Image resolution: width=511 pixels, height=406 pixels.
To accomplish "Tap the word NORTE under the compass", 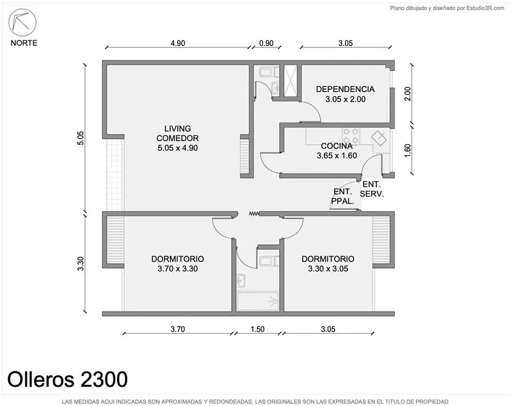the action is click(24, 43).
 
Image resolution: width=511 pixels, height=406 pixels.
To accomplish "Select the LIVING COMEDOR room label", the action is click(178, 138).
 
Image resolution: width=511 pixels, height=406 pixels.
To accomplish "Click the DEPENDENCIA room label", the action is click(345, 94).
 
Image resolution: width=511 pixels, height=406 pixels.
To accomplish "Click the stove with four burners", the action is click(351, 136).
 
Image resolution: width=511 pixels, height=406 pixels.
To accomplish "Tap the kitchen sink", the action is click(379, 139).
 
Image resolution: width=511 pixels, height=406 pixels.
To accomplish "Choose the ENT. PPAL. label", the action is click(342, 197).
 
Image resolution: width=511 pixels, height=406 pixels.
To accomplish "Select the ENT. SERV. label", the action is click(372, 189).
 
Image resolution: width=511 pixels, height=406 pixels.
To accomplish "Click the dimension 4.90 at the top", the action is click(178, 43).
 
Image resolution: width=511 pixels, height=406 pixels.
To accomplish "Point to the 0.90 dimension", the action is click(266, 43).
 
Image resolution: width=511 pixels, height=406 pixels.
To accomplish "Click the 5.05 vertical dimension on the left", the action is click(80, 138).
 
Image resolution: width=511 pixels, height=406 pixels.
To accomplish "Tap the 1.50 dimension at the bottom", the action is click(257, 329).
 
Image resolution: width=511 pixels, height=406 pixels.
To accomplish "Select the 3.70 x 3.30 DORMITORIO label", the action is click(178, 264).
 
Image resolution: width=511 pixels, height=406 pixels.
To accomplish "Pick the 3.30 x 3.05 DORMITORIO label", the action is click(328, 264).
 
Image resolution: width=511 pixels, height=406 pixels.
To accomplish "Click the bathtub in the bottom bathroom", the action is click(257, 301).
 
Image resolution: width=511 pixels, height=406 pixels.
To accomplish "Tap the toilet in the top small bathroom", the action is click(269, 72).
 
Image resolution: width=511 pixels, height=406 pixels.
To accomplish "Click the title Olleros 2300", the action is click(68, 379).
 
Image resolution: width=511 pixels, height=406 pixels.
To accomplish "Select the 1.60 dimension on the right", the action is click(408, 151).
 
